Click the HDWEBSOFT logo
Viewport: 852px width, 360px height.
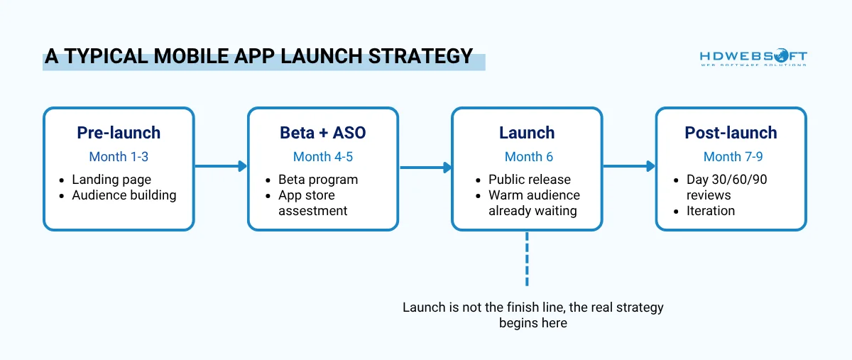coord(753,58)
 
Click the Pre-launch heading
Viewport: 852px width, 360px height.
coord(119,133)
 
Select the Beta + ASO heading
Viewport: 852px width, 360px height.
coord(323,133)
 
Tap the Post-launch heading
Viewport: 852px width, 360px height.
coord(731,133)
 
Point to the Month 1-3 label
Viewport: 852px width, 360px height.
coord(119,156)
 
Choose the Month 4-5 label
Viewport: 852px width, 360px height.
coord(323,156)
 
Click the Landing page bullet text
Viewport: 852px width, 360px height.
coord(111,180)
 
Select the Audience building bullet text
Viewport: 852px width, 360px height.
coord(124,195)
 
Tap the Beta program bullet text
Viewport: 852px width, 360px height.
coord(318,180)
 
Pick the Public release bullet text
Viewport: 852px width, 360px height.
coord(530,180)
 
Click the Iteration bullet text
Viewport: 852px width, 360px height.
coord(711,211)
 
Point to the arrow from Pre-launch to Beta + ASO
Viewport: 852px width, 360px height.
coord(221,166)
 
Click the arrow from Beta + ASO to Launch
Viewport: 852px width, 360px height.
coord(425,168)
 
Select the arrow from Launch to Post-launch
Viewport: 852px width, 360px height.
coord(629,166)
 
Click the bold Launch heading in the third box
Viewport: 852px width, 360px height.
coord(527,133)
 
